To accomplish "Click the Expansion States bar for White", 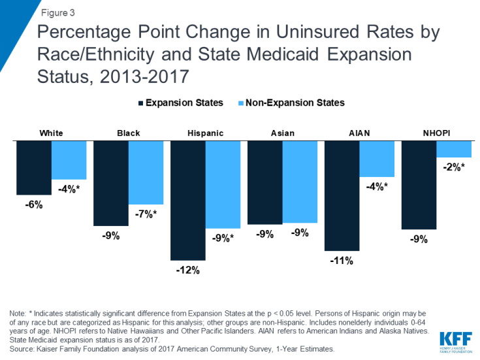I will click(34, 167).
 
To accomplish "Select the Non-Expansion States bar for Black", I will click(146, 172).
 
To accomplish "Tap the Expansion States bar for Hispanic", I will click(188, 200).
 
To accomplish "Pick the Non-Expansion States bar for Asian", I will click(300, 182).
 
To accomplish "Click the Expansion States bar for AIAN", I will click(342, 195).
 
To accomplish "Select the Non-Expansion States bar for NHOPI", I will click(454, 149).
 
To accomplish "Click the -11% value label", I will click(342, 261).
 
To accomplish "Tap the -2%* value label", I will click(454, 167).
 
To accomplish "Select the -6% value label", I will click(34, 205).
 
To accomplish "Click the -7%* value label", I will click(146, 214).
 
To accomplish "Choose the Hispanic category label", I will click(205, 133).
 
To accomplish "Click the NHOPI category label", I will click(436, 133).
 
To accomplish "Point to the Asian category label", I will click(283, 133).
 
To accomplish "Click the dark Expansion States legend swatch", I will click(140, 103).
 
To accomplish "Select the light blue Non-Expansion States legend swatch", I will click(239, 103).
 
